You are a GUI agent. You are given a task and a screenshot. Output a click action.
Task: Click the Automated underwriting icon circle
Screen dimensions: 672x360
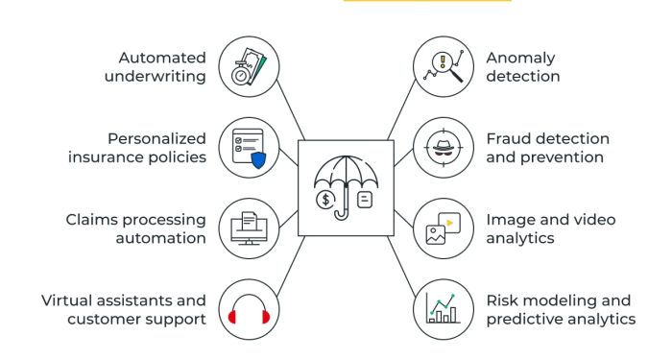click(x=250, y=66)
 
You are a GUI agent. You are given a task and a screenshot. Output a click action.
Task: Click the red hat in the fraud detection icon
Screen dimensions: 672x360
click(x=443, y=147)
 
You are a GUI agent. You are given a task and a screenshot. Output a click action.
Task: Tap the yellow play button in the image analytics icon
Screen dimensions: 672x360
click(x=450, y=222)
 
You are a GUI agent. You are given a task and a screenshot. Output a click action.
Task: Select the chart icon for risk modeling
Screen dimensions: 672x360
click(x=443, y=309)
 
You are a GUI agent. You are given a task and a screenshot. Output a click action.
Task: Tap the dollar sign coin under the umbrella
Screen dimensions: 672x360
click(x=327, y=200)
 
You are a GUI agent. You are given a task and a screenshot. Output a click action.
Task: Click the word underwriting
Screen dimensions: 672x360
click(x=156, y=77)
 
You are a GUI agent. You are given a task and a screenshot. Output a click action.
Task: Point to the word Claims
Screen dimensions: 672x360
click(x=92, y=220)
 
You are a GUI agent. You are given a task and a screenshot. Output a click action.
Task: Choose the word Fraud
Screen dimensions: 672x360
click(x=509, y=139)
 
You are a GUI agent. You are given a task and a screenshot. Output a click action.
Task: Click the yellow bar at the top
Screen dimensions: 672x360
click(x=426, y=2)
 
